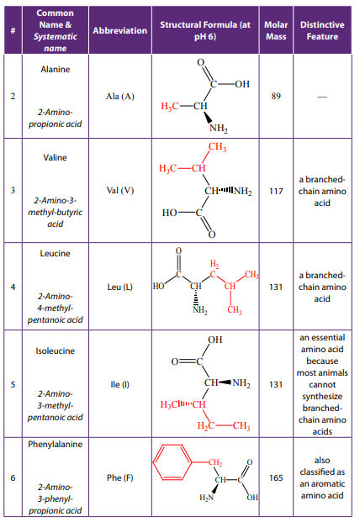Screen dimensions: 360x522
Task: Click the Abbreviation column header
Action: click(x=120, y=30)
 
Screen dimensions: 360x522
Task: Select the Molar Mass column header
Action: click(x=276, y=30)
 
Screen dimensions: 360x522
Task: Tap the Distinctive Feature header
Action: click(x=322, y=30)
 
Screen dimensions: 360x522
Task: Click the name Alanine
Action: click(x=56, y=69)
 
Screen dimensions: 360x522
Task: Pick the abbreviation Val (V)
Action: click(x=120, y=191)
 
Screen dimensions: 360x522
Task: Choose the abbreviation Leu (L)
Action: click(x=120, y=287)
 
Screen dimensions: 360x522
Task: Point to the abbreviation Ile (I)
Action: click(x=120, y=384)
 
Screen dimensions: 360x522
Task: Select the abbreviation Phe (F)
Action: click(x=120, y=477)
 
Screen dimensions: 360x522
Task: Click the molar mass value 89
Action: click(x=276, y=96)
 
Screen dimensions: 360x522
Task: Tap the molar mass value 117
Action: click(x=276, y=191)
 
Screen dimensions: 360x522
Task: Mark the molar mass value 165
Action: click(x=276, y=478)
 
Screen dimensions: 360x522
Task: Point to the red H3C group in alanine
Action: click(x=170, y=107)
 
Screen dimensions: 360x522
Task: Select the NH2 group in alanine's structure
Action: click(x=219, y=129)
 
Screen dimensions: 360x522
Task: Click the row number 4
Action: click(x=13, y=287)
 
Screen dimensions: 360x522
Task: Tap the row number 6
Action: click(x=13, y=478)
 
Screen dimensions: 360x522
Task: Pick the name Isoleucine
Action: click(x=56, y=351)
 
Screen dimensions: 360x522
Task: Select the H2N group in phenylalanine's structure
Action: click(x=206, y=498)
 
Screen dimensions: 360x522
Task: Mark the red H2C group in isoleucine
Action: click(x=206, y=426)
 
